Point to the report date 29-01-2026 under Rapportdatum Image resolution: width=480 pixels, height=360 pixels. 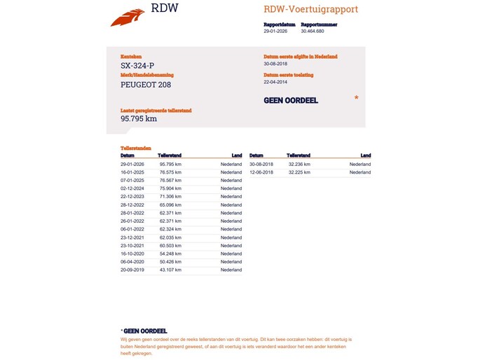276,32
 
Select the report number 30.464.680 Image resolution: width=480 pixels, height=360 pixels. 312,32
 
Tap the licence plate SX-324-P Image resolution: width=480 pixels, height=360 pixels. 137,66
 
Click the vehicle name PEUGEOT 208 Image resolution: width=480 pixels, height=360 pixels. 146,85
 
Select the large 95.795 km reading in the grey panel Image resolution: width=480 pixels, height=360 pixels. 139,118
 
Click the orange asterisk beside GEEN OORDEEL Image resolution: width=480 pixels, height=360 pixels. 356,99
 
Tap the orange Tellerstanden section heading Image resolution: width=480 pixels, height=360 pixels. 135,148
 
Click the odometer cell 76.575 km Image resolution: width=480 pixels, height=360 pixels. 170,172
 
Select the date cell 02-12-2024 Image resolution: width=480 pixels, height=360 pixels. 132,188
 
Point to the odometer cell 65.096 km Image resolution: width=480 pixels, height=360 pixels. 170,205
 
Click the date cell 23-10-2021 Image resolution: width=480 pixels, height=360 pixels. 132,245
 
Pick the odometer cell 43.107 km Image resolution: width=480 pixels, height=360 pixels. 170,270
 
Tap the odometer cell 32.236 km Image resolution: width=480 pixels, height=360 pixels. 299,164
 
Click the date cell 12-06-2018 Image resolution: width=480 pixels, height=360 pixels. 261,172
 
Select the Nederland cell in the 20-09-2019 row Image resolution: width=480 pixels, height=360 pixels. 231,270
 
